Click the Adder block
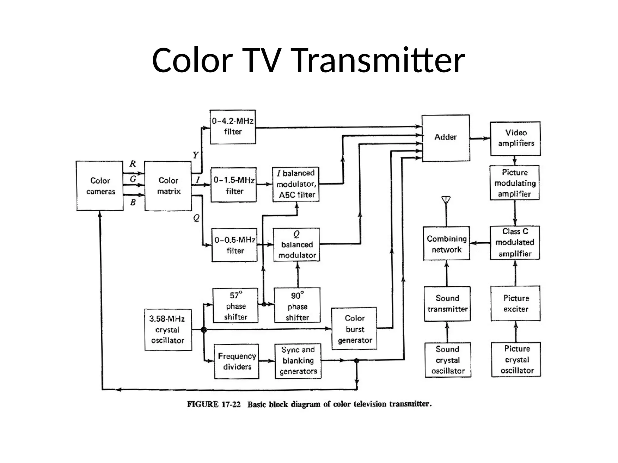click(x=445, y=138)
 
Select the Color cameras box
click(x=100, y=186)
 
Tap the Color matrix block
click(x=168, y=186)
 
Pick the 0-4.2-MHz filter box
click(x=233, y=127)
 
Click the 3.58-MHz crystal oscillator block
click(x=168, y=329)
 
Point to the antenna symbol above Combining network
click(x=446, y=200)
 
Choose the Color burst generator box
click(x=354, y=329)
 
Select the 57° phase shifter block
click(x=235, y=306)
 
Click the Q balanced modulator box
click(x=296, y=244)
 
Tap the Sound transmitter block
click(x=447, y=304)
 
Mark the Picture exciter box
click(x=515, y=303)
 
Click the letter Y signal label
click(x=196, y=155)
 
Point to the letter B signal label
click(x=133, y=202)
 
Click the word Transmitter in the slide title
click(x=378, y=60)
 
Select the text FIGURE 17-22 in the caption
click(x=214, y=404)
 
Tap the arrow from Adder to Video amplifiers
click(x=480, y=138)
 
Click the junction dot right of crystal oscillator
click(x=204, y=330)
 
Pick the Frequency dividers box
click(x=237, y=361)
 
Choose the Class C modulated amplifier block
click(x=514, y=243)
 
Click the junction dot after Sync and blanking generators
click(x=356, y=361)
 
